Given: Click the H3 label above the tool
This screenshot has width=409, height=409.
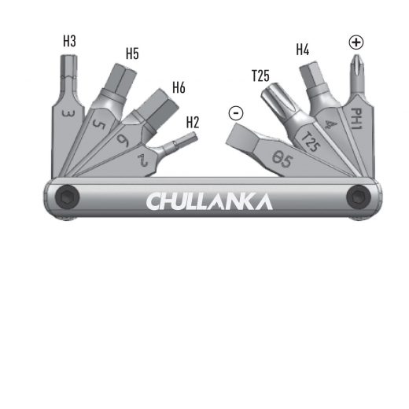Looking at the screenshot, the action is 69,41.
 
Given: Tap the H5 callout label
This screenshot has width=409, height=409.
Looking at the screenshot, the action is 132,53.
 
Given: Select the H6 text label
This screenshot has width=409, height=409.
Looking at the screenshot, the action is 179,87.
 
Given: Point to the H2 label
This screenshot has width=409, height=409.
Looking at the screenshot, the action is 193,122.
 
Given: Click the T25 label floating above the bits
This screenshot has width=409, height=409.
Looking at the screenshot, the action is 260,76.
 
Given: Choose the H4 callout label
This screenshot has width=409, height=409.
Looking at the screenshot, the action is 303,50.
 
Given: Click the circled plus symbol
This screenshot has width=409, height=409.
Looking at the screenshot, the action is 356,42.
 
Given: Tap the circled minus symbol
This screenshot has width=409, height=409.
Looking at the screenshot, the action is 236,113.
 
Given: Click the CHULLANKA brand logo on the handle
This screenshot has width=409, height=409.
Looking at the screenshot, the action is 209,201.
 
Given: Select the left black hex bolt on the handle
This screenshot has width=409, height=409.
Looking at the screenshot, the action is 68,197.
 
